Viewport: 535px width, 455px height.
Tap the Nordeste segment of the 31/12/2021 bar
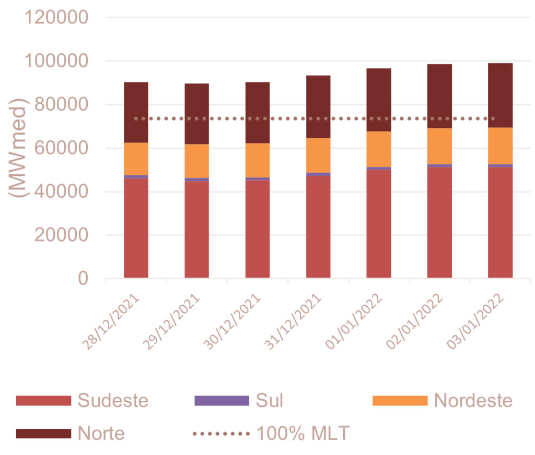point(318,155)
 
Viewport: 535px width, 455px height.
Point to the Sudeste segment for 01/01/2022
point(379,224)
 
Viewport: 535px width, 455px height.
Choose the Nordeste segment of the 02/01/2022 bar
point(439,146)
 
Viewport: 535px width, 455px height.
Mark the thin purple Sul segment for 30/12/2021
point(258,179)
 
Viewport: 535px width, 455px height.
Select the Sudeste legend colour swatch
point(43,401)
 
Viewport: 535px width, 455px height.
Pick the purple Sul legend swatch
point(222,401)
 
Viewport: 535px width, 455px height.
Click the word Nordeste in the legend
point(473,401)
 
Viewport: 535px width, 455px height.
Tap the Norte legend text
point(101,433)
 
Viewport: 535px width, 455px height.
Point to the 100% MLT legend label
point(303,433)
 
